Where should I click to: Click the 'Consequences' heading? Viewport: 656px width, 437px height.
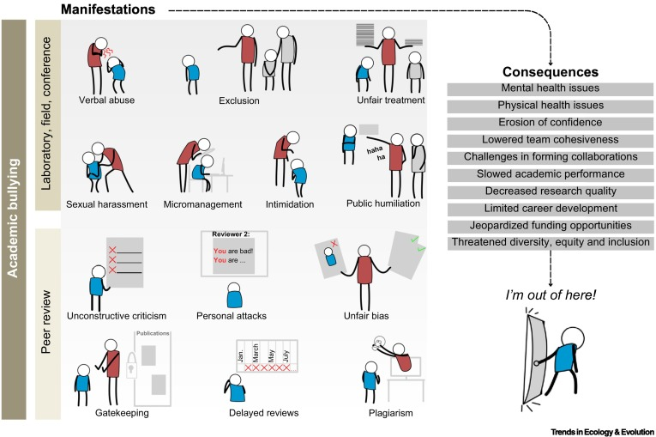click(x=549, y=72)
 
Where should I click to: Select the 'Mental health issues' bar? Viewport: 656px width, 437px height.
click(x=549, y=89)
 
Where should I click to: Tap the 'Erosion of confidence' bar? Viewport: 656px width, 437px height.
click(x=549, y=122)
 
